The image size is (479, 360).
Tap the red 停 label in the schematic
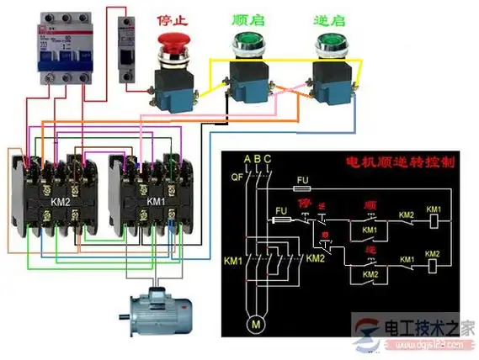coord(306,205)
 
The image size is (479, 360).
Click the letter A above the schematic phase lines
coord(247,159)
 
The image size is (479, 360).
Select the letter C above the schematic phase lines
coord(268,159)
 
